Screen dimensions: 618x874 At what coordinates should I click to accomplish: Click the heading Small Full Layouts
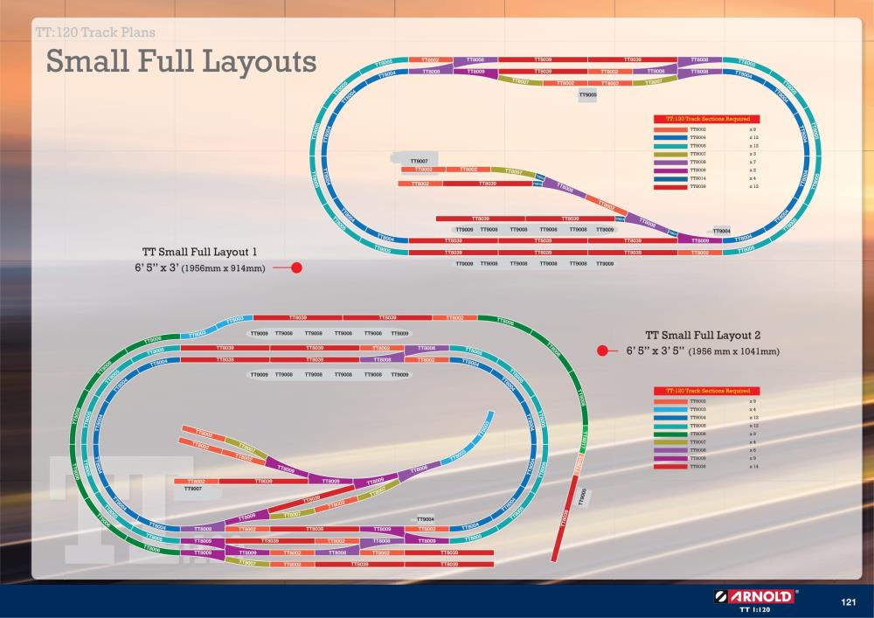click(181, 62)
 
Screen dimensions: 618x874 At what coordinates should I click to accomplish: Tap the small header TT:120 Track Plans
click(96, 33)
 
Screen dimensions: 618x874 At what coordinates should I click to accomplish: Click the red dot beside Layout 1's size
click(296, 267)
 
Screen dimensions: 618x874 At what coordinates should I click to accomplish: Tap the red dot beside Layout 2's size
click(601, 351)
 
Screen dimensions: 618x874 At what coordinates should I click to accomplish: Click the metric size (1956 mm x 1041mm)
click(733, 351)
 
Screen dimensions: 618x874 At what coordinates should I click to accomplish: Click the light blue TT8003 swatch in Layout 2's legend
click(669, 409)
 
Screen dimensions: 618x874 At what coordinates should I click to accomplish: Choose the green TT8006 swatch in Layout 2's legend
click(669, 434)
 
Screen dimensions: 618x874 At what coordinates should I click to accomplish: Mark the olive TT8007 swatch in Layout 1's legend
click(669, 154)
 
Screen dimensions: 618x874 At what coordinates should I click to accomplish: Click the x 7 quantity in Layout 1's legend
click(753, 162)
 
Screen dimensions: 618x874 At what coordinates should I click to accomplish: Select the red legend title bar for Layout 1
click(706, 118)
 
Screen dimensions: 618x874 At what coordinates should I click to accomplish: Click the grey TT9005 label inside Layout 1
click(588, 94)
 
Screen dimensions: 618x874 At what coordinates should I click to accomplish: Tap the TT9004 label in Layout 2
click(427, 519)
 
